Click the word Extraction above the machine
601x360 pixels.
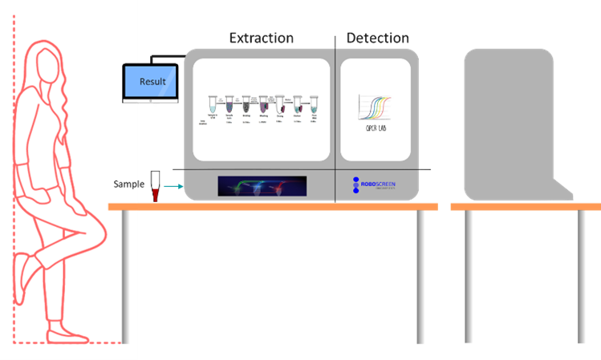(261, 38)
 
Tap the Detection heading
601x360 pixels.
(377, 38)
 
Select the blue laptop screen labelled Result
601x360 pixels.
(152, 82)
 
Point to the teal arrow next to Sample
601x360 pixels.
(173, 187)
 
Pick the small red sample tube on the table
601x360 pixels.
(155, 194)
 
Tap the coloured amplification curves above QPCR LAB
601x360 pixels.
(376, 108)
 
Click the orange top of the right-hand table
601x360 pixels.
(525, 207)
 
